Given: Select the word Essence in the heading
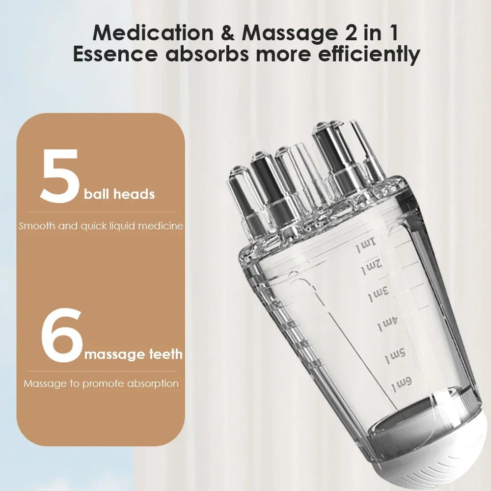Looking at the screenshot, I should click(116, 55).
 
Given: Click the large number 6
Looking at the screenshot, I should click(61, 336).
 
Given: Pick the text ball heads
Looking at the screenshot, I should click(119, 194).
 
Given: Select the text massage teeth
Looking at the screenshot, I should click(134, 354).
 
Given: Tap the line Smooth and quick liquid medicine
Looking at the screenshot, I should click(101, 226).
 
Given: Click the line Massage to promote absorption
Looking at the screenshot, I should click(101, 383).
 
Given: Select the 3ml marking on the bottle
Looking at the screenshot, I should click(379, 295).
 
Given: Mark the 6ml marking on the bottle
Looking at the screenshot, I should click(401, 383).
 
